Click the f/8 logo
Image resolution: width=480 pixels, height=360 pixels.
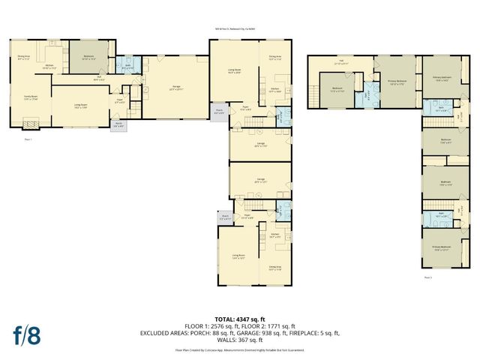(x=25, y=334)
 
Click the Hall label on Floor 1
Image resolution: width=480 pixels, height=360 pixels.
(x=99, y=76)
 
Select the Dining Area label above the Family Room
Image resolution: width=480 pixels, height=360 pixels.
(x=23, y=56)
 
